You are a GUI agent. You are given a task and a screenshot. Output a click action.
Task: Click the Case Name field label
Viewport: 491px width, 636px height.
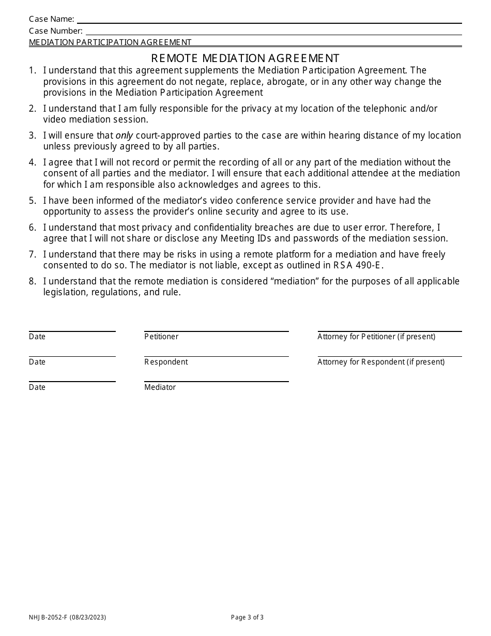pos(51,19)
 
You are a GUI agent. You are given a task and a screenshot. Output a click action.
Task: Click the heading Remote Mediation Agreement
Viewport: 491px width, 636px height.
pos(245,58)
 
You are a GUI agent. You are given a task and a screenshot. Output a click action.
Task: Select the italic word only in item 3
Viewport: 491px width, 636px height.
pos(124,135)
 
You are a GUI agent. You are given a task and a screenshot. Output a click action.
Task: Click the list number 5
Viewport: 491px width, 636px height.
pos(32,201)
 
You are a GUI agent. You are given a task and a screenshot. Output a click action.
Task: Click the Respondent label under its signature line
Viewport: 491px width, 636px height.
pos(166,362)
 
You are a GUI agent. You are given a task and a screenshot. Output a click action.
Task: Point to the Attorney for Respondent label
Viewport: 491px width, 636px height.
pos(381,362)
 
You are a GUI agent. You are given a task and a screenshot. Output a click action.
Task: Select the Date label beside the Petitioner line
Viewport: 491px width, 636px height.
pos(37,337)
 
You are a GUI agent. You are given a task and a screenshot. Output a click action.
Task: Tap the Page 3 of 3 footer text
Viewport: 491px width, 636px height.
pos(247,617)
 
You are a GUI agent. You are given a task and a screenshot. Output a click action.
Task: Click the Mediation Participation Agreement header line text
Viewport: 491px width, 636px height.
pos(110,42)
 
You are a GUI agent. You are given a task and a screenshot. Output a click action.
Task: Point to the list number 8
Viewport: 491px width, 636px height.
pos(32,281)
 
